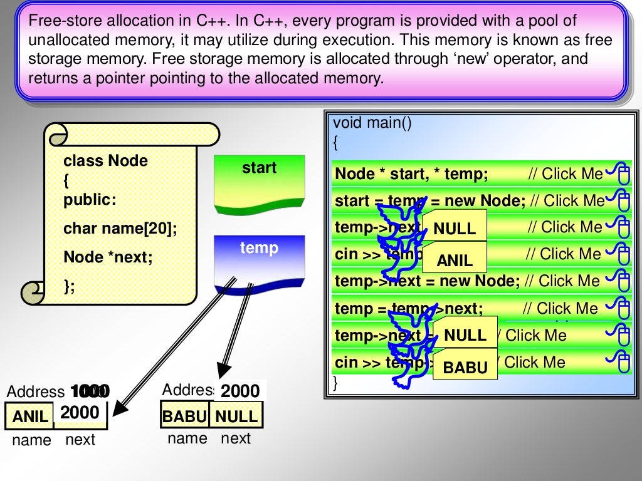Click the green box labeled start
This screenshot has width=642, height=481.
point(259,182)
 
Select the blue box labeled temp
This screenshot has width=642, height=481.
point(259,260)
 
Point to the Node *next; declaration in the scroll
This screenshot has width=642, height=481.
point(108,257)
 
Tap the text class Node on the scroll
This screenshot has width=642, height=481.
point(105,161)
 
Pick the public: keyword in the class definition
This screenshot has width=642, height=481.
point(90,200)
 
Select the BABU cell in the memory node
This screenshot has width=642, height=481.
point(185,416)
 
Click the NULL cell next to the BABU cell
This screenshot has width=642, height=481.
point(236,416)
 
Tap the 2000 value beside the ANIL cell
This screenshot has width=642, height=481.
point(80,413)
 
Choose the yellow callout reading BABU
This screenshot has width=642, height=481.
point(465,368)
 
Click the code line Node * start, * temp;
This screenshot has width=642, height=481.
point(411,174)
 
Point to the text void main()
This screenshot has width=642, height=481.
point(372,123)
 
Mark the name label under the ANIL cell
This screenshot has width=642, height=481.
point(31,440)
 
